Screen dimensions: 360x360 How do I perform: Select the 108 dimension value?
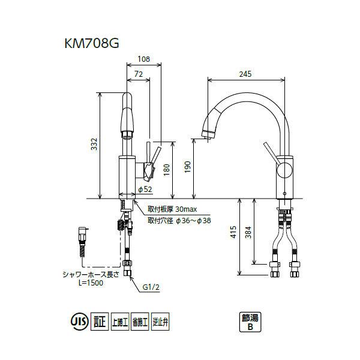(x=143, y=59)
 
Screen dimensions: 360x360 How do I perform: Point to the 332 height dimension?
(x=94, y=145)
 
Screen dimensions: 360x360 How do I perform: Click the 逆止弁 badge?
(x=161, y=322)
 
